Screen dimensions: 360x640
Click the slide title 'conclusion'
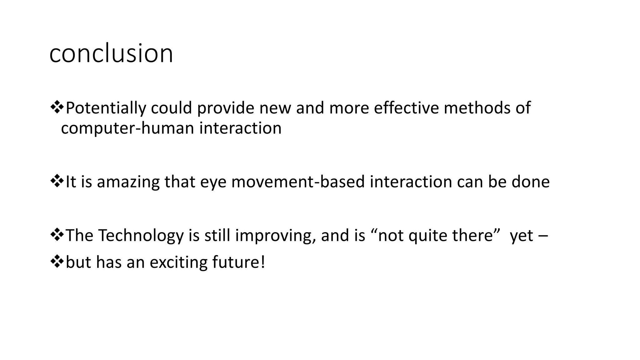click(x=111, y=54)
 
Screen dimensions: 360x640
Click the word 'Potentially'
click(x=106, y=108)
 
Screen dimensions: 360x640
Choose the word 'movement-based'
click(x=298, y=182)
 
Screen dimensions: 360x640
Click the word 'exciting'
click(x=178, y=262)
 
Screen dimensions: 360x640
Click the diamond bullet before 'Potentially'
click(x=57, y=107)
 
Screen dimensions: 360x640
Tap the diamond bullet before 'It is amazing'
click(x=57, y=182)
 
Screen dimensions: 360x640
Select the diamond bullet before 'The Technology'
click(x=57, y=235)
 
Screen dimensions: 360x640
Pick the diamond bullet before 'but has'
click(x=57, y=262)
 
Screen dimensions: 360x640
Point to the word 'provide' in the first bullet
click(x=225, y=108)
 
